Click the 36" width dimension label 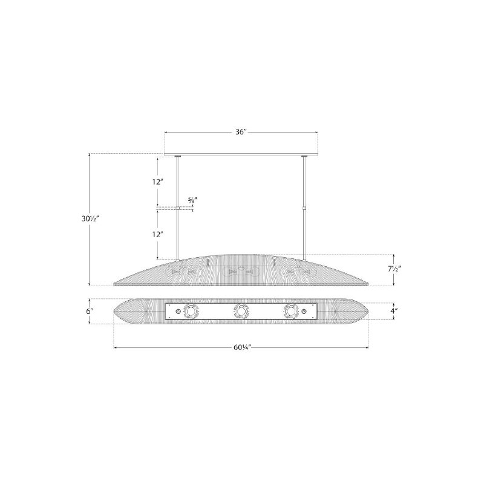tap(241, 132)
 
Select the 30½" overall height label tap(90, 218)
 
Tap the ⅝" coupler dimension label tap(193, 200)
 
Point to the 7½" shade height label tap(394, 269)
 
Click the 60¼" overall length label tap(241, 347)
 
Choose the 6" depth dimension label tap(90, 311)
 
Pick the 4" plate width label tap(393, 311)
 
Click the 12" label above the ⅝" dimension tap(157, 182)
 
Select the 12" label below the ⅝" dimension tap(157, 234)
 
